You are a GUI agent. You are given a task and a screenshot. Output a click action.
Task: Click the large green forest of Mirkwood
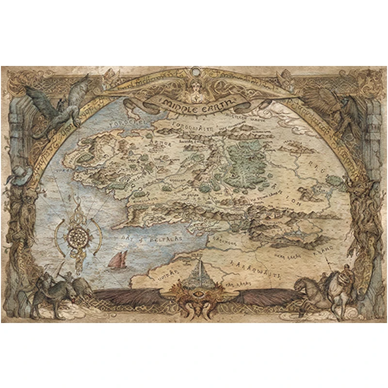pos(247,160)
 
